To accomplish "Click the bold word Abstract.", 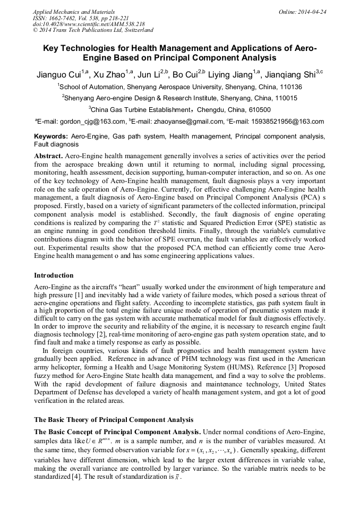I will [x=48, y=156].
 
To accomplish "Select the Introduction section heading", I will [x=54, y=275].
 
